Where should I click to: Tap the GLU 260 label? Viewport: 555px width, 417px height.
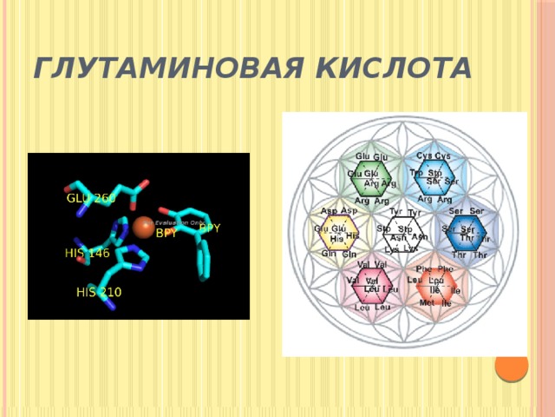click(x=91, y=198)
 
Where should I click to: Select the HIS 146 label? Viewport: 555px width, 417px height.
click(x=87, y=254)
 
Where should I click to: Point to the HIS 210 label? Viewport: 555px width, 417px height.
click(x=98, y=292)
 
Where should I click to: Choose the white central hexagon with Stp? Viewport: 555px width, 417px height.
click(x=403, y=231)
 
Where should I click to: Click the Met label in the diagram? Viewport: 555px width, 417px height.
click(x=428, y=303)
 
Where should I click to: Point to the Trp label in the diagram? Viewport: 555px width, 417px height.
click(x=416, y=173)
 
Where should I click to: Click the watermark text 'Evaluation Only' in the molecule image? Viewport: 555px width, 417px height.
click(x=180, y=222)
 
